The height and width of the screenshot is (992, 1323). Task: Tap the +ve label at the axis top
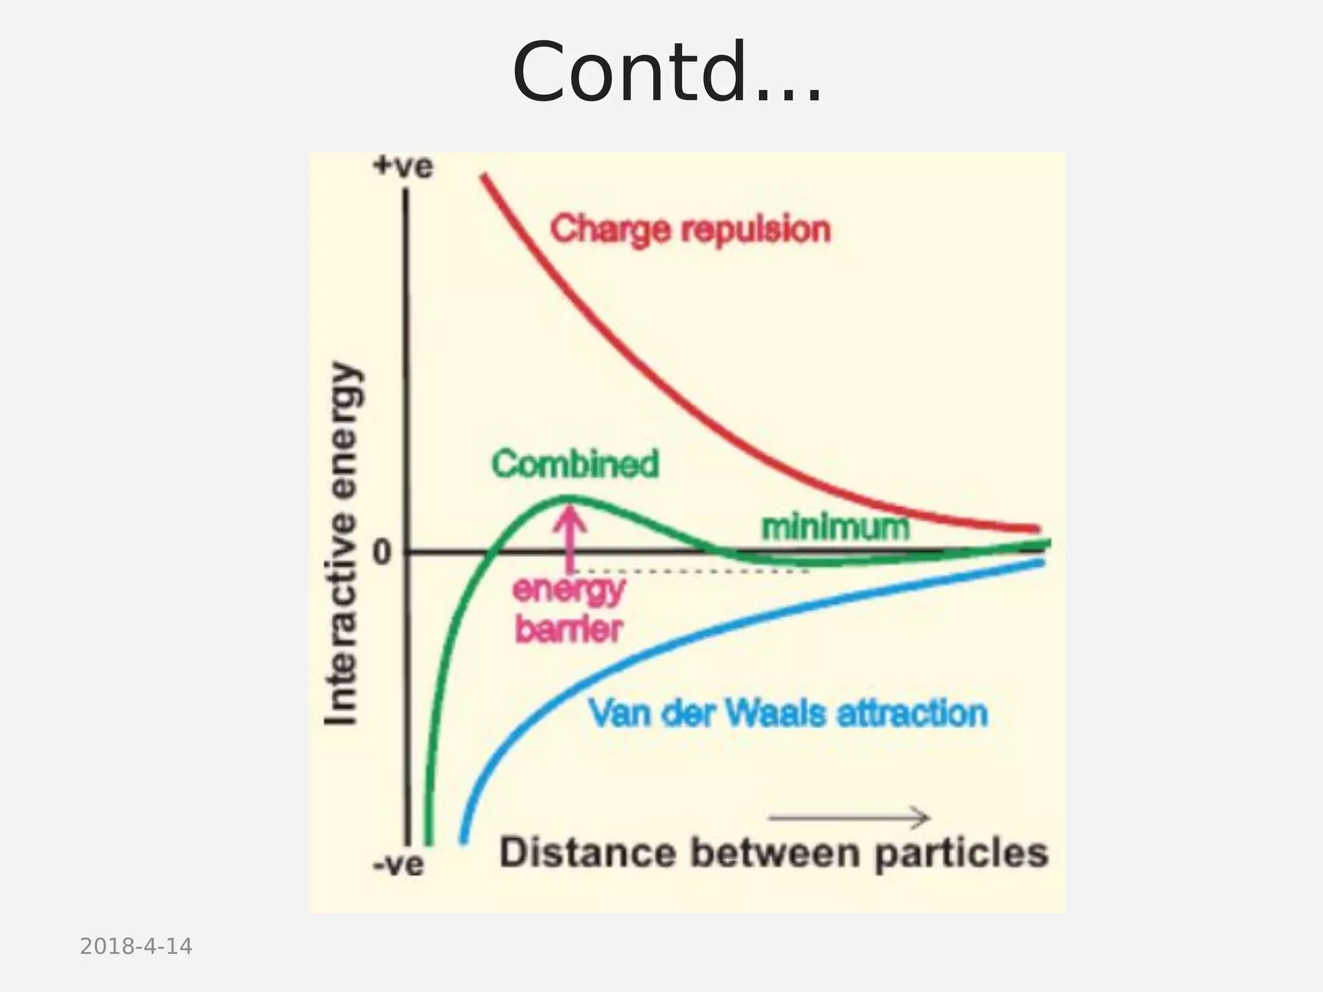pyautogui.click(x=402, y=167)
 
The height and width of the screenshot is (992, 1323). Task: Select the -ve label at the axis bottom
pyautogui.click(x=399, y=864)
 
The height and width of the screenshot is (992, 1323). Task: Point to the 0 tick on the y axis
pyautogui.click(x=382, y=553)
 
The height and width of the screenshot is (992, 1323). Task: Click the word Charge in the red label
pyautogui.click(x=610, y=231)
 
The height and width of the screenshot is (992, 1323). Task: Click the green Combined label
pyautogui.click(x=575, y=464)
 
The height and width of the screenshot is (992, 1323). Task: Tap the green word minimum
pyautogui.click(x=835, y=527)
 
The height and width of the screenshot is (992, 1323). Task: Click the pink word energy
pyautogui.click(x=568, y=590)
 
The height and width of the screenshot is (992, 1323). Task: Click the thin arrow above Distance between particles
pyautogui.click(x=849, y=818)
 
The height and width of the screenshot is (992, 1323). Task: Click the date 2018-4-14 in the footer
pyautogui.click(x=136, y=947)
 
